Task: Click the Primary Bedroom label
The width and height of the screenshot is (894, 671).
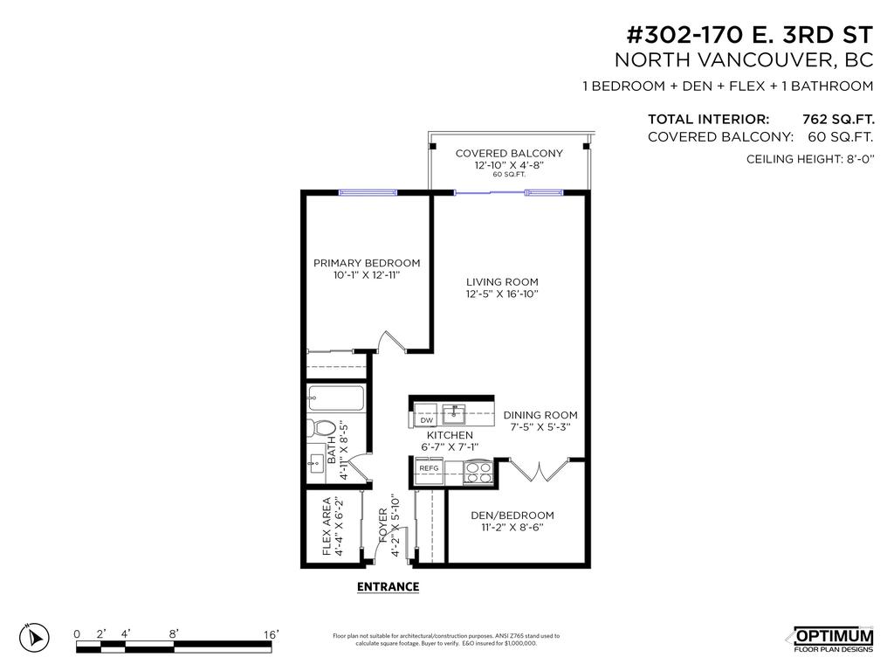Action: (x=367, y=263)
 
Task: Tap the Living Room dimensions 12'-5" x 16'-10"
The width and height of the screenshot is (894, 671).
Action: (x=502, y=294)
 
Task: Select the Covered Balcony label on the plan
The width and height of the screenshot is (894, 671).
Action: (x=509, y=153)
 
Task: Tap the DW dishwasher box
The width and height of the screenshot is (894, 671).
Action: (x=427, y=419)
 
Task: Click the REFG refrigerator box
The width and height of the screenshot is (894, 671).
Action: (x=429, y=468)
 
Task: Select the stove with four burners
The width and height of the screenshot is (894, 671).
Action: (x=478, y=472)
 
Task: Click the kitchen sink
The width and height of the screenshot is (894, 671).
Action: (x=453, y=412)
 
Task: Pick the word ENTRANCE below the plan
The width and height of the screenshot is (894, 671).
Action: (x=388, y=587)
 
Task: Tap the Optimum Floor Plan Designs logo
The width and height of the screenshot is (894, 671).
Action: (x=832, y=640)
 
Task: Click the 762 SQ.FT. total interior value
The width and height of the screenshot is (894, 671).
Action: (x=837, y=119)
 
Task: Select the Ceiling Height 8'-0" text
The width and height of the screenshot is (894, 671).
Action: (x=809, y=159)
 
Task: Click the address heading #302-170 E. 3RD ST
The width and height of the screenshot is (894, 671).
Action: (x=750, y=36)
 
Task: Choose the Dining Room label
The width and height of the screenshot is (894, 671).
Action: (x=540, y=415)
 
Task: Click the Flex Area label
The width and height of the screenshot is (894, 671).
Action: (x=327, y=526)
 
